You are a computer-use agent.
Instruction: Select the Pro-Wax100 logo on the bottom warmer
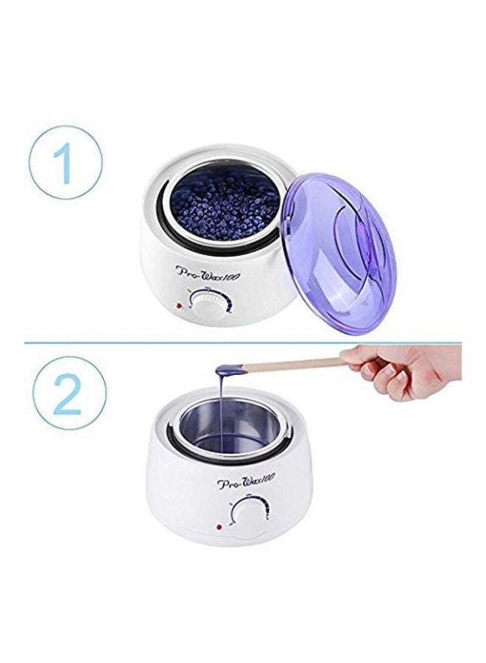pyautogui.click(x=247, y=485)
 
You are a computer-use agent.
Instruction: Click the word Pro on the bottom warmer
pyautogui.click(x=228, y=485)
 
